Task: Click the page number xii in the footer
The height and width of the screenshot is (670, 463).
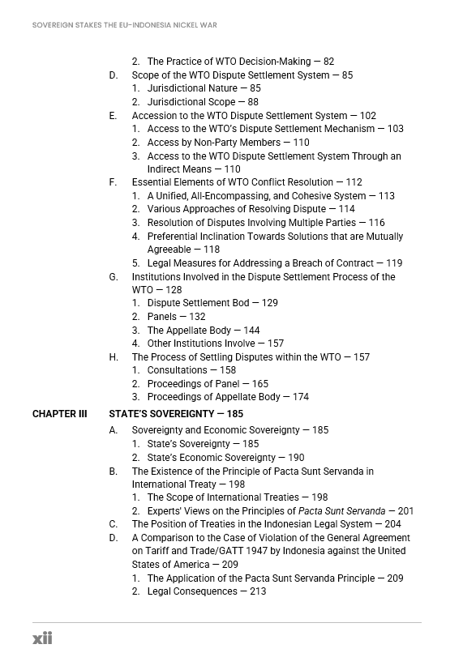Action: point(42,638)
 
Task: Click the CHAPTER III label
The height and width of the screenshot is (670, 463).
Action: point(59,414)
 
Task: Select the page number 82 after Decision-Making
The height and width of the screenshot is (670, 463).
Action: point(328,62)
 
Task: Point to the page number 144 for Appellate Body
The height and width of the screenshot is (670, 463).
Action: point(251,331)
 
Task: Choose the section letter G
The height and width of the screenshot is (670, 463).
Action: point(114,277)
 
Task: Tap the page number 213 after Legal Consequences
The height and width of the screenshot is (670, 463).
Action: point(258,591)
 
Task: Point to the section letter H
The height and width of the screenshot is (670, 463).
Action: point(114,357)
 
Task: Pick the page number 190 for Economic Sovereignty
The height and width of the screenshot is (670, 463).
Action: point(296,458)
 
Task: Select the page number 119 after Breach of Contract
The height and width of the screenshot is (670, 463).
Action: point(394,263)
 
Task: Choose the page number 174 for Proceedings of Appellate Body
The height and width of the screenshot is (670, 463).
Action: point(300,397)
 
